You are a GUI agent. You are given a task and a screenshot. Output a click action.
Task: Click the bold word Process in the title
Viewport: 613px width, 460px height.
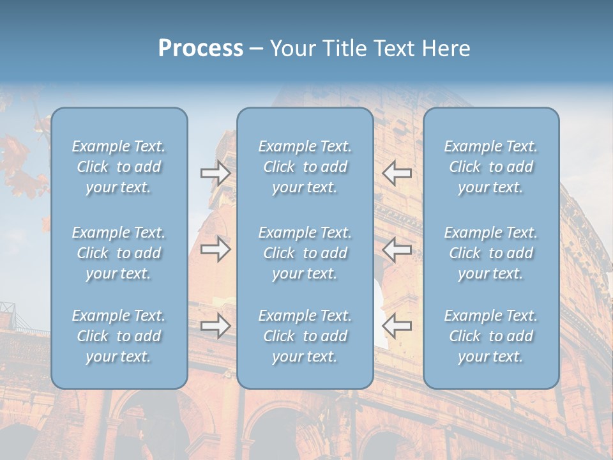tap(201, 49)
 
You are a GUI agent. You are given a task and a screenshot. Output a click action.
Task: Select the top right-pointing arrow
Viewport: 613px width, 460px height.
tap(215, 173)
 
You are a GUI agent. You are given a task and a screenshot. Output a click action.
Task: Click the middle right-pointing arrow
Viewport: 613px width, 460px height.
tap(215, 250)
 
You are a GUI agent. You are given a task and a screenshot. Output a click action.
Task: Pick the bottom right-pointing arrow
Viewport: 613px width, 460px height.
tap(215, 326)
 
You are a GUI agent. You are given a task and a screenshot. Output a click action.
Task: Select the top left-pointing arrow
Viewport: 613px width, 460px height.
tap(397, 173)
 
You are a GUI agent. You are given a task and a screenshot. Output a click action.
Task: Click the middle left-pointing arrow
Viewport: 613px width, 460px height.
tap(397, 250)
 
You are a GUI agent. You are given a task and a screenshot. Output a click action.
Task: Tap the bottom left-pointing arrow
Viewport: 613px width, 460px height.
tap(397, 326)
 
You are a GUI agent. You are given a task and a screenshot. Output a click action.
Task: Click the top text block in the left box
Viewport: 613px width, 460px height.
tap(119, 167)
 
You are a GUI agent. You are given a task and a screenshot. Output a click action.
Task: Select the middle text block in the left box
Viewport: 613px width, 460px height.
tap(119, 253)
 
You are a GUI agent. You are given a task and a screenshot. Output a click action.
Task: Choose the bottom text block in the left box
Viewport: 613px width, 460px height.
tap(119, 336)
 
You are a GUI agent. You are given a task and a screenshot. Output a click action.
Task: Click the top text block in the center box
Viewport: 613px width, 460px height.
tap(305, 167)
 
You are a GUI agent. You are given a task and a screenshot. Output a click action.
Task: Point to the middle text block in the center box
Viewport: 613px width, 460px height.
tap(305, 253)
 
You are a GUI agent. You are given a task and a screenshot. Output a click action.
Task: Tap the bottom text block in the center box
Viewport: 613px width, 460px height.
tap(305, 336)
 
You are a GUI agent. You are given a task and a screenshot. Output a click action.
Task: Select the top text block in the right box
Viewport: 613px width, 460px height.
tap(490, 167)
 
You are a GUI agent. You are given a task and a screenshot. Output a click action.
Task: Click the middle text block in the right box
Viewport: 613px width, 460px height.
tap(490, 253)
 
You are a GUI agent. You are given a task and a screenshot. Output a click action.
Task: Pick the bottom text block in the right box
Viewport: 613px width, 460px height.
tap(490, 336)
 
